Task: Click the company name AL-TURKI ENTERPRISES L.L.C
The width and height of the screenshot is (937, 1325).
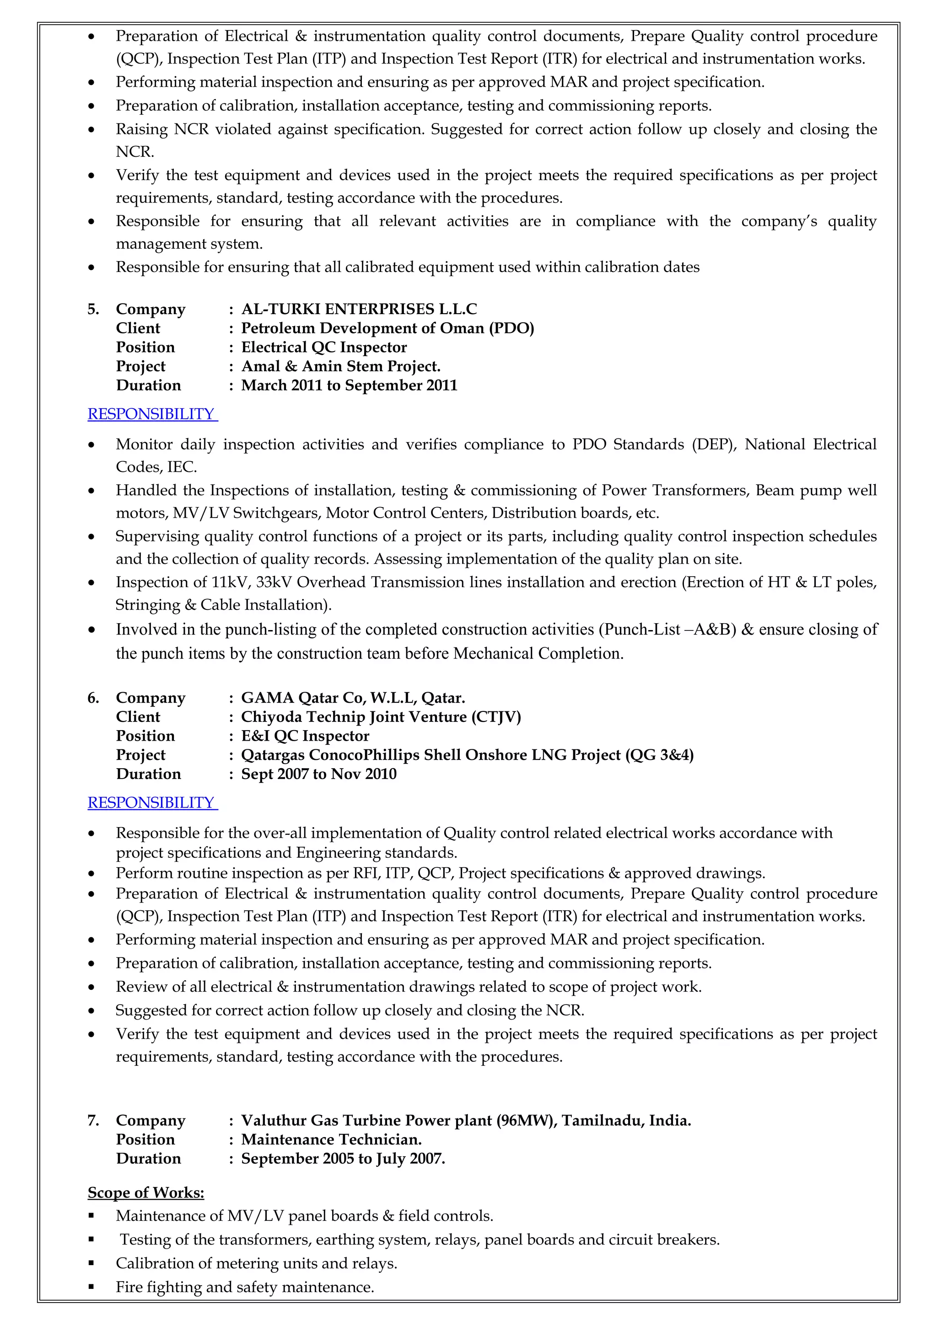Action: pos(359,310)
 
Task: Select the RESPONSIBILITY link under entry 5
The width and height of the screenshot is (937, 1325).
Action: pos(152,414)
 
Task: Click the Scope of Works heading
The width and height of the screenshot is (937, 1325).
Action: pos(146,1192)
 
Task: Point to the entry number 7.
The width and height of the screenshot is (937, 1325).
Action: pos(93,1121)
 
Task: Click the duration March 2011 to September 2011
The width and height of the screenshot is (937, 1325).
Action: pos(349,385)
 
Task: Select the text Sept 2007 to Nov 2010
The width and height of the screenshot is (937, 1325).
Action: pos(319,774)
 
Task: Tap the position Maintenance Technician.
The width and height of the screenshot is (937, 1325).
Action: pos(331,1140)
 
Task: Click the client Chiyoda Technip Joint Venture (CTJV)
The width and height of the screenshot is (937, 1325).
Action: pos(381,717)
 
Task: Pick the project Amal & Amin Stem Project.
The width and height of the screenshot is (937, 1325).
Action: pos(340,366)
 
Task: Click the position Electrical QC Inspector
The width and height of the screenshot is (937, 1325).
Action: pos(324,347)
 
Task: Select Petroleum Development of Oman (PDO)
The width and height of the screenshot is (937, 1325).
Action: pos(388,328)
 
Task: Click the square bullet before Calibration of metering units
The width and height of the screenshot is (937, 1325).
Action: pos(91,1263)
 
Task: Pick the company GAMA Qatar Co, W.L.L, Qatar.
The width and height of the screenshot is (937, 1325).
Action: pos(353,698)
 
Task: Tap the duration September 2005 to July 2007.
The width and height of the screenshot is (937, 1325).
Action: pos(343,1159)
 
